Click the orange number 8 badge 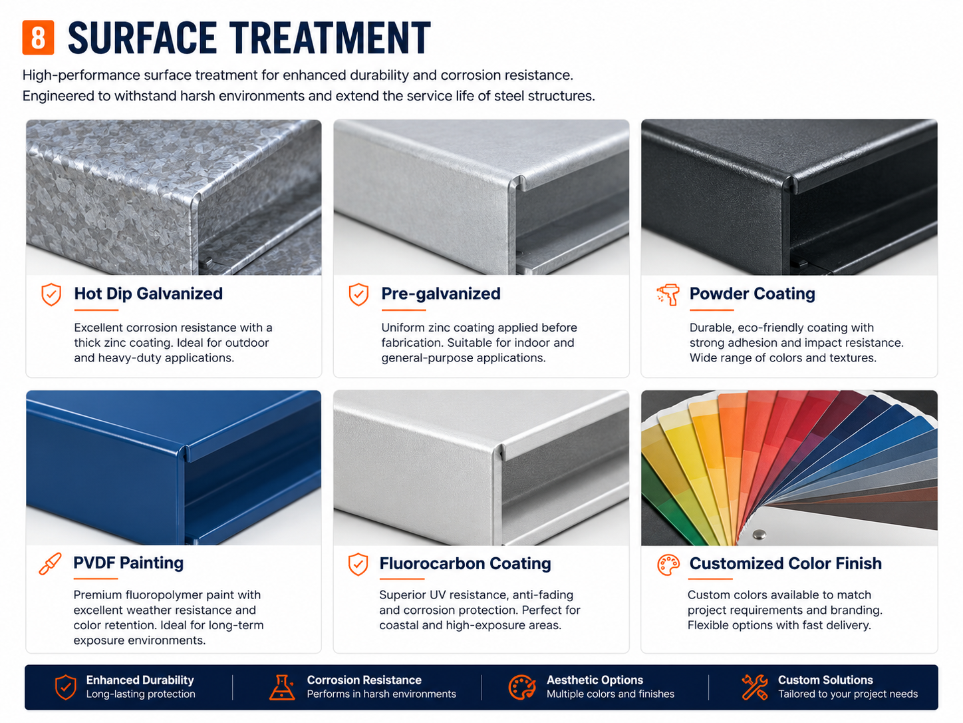point(38,37)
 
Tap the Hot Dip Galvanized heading point(148,293)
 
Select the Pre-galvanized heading point(440,293)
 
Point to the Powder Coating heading point(752,293)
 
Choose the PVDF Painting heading point(128,563)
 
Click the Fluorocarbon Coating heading point(465,563)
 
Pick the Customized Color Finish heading point(785,563)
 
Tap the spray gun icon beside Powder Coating point(668,294)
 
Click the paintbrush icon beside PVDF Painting point(50,564)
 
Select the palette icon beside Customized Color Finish point(668,565)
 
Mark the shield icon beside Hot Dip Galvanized point(51,294)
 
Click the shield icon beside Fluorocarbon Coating point(358,564)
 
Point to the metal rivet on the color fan point(759,534)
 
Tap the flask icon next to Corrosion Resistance point(282,687)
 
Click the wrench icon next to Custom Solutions point(755,687)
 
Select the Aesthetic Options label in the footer point(595,680)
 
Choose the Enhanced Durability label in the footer point(140,680)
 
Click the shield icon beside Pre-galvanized point(358,294)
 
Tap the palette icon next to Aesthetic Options point(521,687)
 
